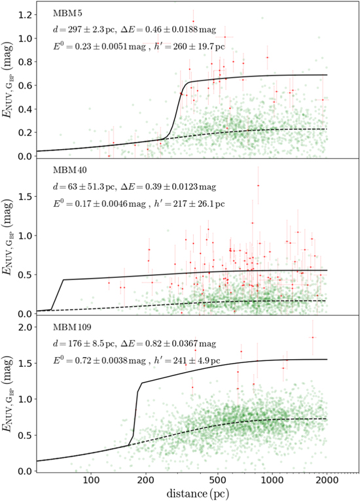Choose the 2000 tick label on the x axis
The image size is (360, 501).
[326, 479]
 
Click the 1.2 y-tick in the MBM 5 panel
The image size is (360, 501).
[24, 14]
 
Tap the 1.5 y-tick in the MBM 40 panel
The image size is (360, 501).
[24, 194]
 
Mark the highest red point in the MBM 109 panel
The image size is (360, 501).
[313, 337]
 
